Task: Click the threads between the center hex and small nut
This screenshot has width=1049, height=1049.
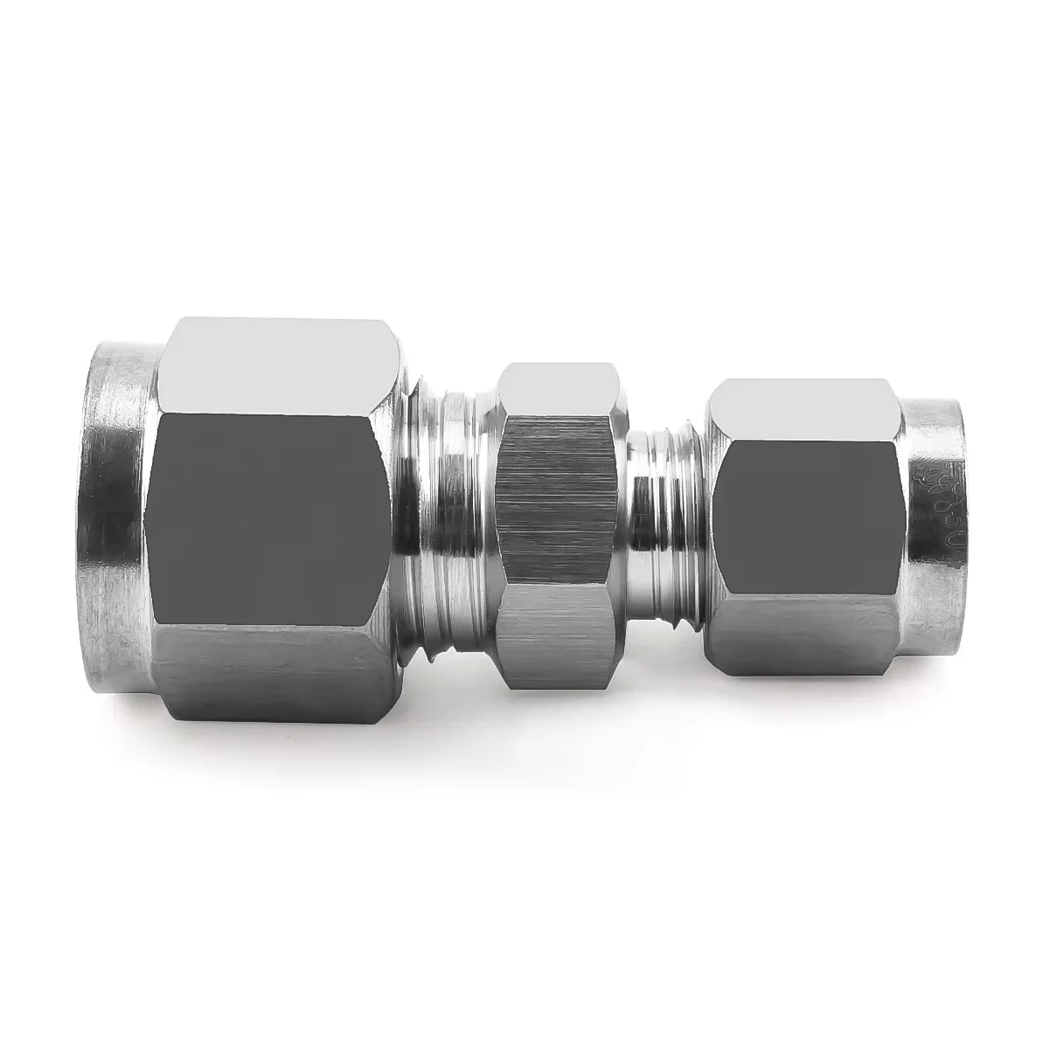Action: point(669,516)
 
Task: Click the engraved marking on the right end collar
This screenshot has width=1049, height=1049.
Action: point(940,516)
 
